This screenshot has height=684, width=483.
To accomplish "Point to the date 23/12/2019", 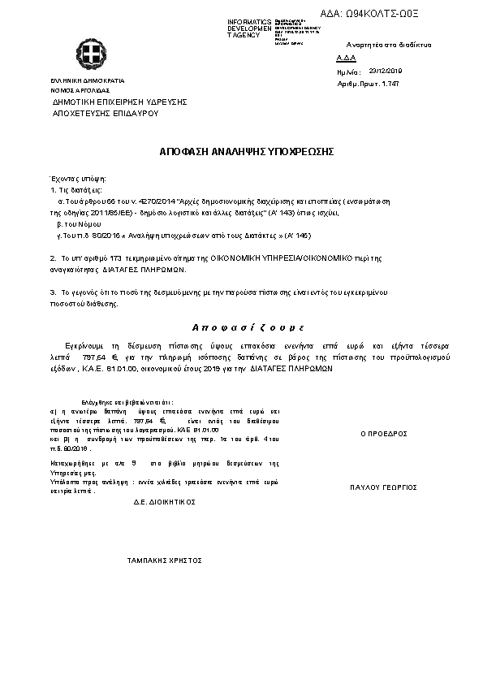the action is [x=386, y=71].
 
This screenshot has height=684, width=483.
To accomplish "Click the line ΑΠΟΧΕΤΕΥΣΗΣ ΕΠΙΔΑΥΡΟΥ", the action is [x=105, y=114].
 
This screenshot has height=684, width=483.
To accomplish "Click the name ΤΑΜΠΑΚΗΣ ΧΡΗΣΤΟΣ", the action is [x=165, y=561].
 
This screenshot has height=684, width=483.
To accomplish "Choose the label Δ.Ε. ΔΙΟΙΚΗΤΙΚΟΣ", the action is [x=165, y=502].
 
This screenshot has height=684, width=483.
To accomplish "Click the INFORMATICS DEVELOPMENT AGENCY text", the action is [x=249, y=28].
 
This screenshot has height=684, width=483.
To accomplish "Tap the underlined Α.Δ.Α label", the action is [x=344, y=58].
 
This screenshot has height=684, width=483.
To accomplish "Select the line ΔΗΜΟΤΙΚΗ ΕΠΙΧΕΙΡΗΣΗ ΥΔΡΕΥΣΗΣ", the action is [x=120, y=102].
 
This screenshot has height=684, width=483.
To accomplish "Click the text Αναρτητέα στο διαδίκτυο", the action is [x=388, y=44].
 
